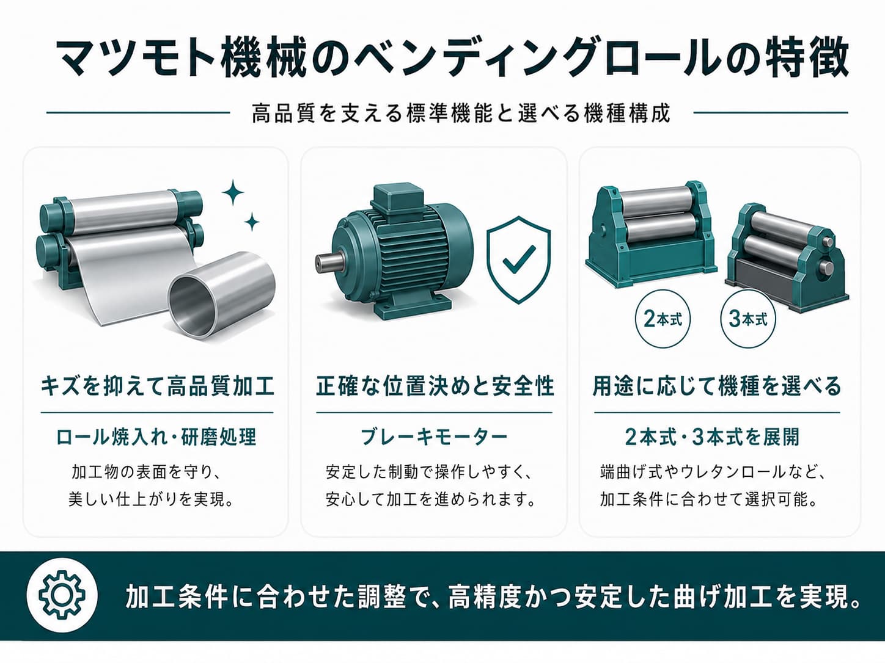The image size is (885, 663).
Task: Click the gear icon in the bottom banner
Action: (x=62, y=595)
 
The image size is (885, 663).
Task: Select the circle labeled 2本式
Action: (x=663, y=320)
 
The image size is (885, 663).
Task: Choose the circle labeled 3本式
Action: (x=748, y=320)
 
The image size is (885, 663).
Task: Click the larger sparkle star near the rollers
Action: (x=233, y=192)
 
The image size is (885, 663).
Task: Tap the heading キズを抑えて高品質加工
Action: (x=157, y=386)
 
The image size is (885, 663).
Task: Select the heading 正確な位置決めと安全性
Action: (x=435, y=386)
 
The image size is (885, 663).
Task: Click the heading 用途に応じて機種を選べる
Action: (x=717, y=386)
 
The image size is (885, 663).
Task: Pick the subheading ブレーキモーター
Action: (x=434, y=437)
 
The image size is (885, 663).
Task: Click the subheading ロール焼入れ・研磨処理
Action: (x=156, y=437)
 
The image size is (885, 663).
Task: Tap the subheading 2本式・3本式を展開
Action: (x=712, y=437)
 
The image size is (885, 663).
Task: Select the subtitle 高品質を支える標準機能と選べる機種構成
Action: (x=461, y=113)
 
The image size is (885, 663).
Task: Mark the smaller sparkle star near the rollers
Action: (x=252, y=222)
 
